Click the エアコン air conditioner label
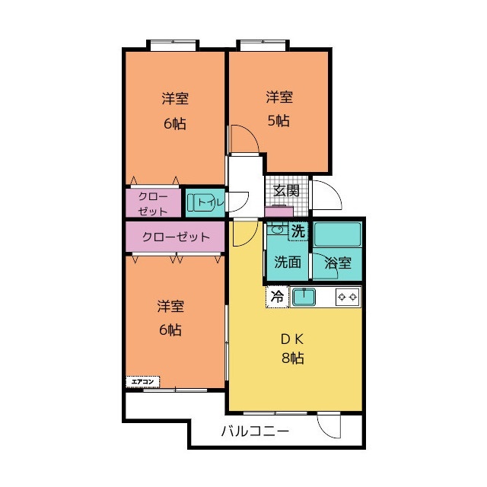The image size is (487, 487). point(142,382)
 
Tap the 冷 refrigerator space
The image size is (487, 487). point(277,297)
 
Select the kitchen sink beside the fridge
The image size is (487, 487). point(304,297)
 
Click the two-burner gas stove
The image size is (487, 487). point(348,298)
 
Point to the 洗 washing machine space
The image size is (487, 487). point(298,231)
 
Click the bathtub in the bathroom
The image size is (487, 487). point(337,234)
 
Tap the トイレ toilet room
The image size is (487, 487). point(205,203)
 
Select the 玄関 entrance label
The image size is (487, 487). point(286,190)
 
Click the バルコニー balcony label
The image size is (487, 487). point(256,431)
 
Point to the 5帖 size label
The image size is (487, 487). point(279,120)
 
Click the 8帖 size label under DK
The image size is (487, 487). point(292,358)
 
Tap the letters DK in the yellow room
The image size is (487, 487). point(292,339)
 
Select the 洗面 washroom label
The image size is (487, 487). point(288,262)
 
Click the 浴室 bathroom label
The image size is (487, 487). point(338,263)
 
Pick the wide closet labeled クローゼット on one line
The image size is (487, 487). point(175,237)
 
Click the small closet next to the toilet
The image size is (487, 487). point(153,203)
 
